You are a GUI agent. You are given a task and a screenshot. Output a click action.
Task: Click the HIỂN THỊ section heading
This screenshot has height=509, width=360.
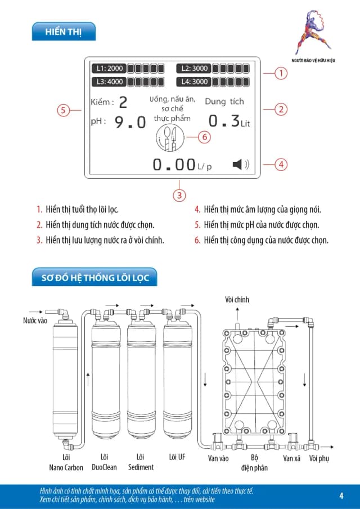(64, 32)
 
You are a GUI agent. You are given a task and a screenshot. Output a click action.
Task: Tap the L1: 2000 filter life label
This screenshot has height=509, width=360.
(109, 69)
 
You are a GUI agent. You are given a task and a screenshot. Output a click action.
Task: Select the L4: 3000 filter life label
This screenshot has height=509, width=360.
(194, 82)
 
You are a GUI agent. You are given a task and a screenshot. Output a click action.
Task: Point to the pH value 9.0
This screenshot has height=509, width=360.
(130, 121)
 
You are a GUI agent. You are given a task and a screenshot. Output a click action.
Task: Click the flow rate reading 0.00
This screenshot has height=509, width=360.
(174, 165)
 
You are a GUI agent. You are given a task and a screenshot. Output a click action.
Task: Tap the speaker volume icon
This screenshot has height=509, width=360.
(240, 164)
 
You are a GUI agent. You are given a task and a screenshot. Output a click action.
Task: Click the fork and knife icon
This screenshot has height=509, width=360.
(169, 137)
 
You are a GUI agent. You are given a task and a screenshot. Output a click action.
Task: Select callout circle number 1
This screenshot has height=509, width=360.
(281, 73)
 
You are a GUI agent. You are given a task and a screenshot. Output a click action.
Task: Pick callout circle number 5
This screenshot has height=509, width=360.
(64, 110)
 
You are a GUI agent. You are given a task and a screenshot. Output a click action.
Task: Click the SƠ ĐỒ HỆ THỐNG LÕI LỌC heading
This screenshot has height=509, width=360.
(95, 278)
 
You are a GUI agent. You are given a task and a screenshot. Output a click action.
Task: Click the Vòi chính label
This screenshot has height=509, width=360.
(236, 300)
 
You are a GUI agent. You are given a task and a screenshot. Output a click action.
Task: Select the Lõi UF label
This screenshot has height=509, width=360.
(177, 457)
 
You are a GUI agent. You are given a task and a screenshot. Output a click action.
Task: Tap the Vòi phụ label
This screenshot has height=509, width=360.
(319, 458)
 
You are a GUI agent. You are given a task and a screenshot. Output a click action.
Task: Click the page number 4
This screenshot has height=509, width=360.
(341, 496)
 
